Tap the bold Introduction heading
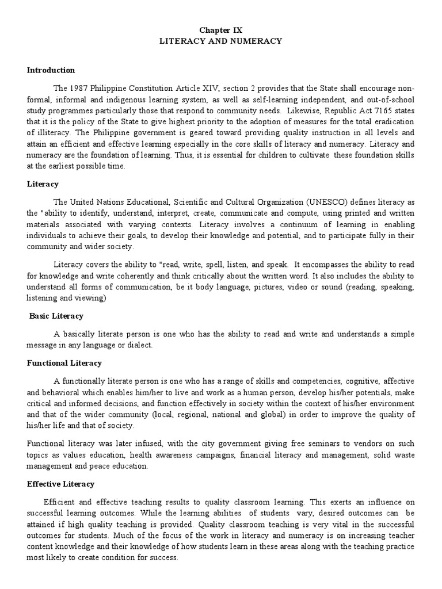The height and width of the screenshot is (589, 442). (x=51, y=70)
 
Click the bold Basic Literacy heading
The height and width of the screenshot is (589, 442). (x=56, y=316)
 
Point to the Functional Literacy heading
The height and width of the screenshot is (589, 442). (x=64, y=363)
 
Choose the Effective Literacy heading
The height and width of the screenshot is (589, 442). (x=60, y=484)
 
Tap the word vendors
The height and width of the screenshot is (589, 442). (x=334, y=445)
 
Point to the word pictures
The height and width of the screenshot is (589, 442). (x=270, y=288)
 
